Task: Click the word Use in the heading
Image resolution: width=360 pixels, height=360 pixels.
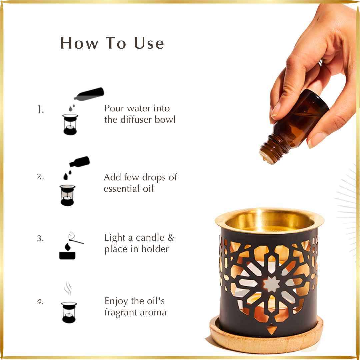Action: click(x=149, y=43)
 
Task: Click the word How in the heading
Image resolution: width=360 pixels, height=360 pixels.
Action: click(x=79, y=43)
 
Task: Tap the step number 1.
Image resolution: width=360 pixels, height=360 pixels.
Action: click(x=41, y=110)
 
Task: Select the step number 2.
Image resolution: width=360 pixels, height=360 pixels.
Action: click(x=40, y=177)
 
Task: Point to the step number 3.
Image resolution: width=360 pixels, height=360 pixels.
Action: click(x=40, y=238)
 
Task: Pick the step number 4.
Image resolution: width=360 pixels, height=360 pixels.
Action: click(x=40, y=301)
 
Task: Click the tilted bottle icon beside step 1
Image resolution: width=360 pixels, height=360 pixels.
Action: click(x=89, y=94)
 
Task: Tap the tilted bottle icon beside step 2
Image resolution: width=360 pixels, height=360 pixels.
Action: click(x=79, y=162)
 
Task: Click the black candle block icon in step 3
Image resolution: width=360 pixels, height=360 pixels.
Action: click(x=67, y=256)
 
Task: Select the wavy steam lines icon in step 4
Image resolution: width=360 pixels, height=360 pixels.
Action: click(x=68, y=288)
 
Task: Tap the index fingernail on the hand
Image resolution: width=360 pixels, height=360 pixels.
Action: click(x=276, y=109)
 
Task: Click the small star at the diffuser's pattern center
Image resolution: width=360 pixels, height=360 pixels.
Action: click(x=271, y=284)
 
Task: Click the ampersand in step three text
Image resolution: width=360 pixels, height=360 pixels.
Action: click(x=171, y=238)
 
